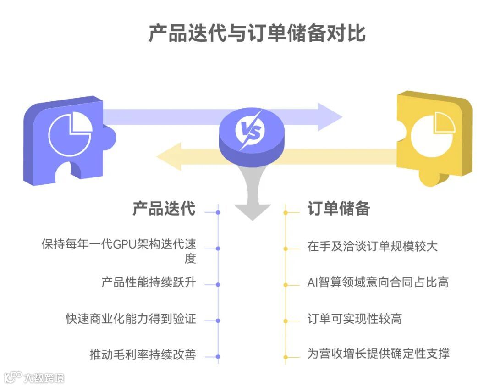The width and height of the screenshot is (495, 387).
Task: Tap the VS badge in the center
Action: (x=252, y=133)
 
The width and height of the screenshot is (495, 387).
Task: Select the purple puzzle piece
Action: (x=64, y=140)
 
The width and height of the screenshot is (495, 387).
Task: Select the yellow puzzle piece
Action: (x=433, y=138)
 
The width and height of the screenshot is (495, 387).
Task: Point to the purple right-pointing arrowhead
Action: (x=329, y=117)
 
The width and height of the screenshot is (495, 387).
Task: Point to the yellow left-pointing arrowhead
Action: (x=170, y=156)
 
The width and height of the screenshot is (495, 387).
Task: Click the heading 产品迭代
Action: (x=164, y=209)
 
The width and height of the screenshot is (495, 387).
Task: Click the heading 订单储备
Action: (x=339, y=209)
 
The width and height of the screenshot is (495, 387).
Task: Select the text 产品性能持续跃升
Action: (x=148, y=282)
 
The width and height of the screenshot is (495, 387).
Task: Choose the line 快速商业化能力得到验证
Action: (x=131, y=319)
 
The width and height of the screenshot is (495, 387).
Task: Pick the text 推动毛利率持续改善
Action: (x=143, y=354)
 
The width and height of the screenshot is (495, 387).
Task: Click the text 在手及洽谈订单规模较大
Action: (x=372, y=246)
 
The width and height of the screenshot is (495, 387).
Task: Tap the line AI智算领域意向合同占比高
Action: (x=378, y=282)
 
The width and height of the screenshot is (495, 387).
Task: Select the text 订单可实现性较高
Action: (x=355, y=319)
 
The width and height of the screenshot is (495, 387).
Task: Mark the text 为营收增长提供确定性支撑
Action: (x=378, y=354)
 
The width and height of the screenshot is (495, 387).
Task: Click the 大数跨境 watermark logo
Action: (x=35, y=377)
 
